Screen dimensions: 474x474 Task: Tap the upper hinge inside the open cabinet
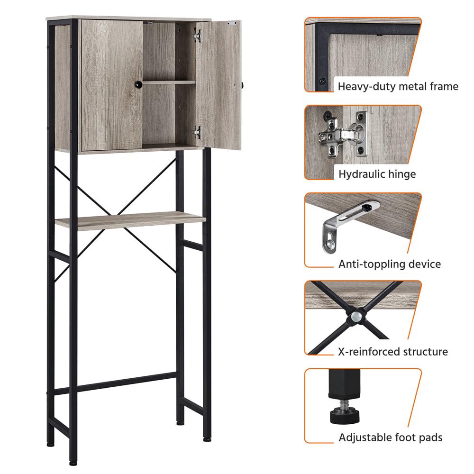[x=197, y=36]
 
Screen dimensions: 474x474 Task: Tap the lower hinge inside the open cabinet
[x=197, y=132]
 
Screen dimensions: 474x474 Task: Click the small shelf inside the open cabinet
[x=169, y=82]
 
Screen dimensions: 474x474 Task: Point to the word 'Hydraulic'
[x=357, y=174]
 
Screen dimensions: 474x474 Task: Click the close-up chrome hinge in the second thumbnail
[x=343, y=135]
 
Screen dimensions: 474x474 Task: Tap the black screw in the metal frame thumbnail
[x=323, y=82]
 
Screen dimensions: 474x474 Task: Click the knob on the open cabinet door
[x=242, y=85]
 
